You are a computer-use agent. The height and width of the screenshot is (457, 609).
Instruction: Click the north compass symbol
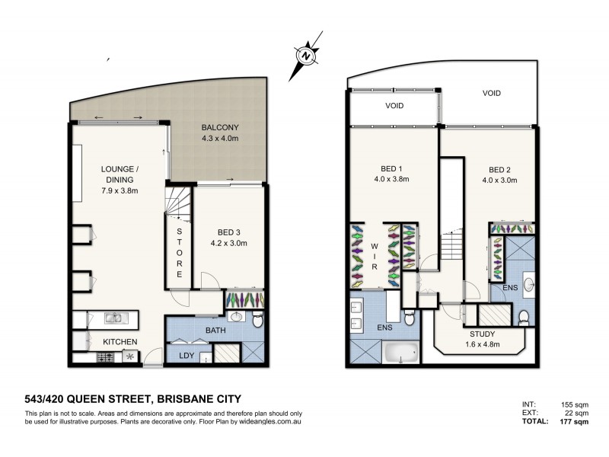pyautogui.click(x=305, y=55)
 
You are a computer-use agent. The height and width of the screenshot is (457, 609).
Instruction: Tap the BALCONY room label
pyautogui.click(x=220, y=127)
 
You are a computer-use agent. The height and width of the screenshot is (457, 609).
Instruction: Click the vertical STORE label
pyautogui.click(x=180, y=251)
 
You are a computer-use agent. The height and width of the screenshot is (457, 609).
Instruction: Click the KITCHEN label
pyautogui.click(x=120, y=342)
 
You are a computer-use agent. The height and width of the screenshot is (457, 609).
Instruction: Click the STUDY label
pyautogui.click(x=483, y=334)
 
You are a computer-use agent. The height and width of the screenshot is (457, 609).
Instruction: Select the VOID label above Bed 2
pyautogui.click(x=491, y=93)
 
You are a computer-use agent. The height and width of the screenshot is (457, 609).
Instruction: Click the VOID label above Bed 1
pyautogui.click(x=394, y=106)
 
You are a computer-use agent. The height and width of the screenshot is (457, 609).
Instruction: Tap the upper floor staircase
pyautogui.click(x=452, y=248)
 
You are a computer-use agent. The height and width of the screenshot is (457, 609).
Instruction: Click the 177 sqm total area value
pyautogui.click(x=578, y=420)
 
